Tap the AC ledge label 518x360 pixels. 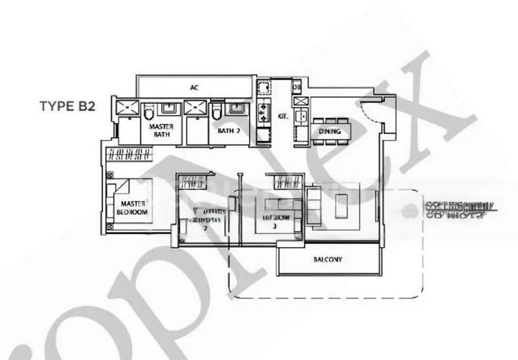coord(194,87)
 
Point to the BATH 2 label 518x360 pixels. coord(227,131)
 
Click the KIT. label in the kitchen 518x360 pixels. coord(282,117)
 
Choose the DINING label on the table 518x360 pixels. coord(330,133)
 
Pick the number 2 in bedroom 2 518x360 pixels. coord(205,229)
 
